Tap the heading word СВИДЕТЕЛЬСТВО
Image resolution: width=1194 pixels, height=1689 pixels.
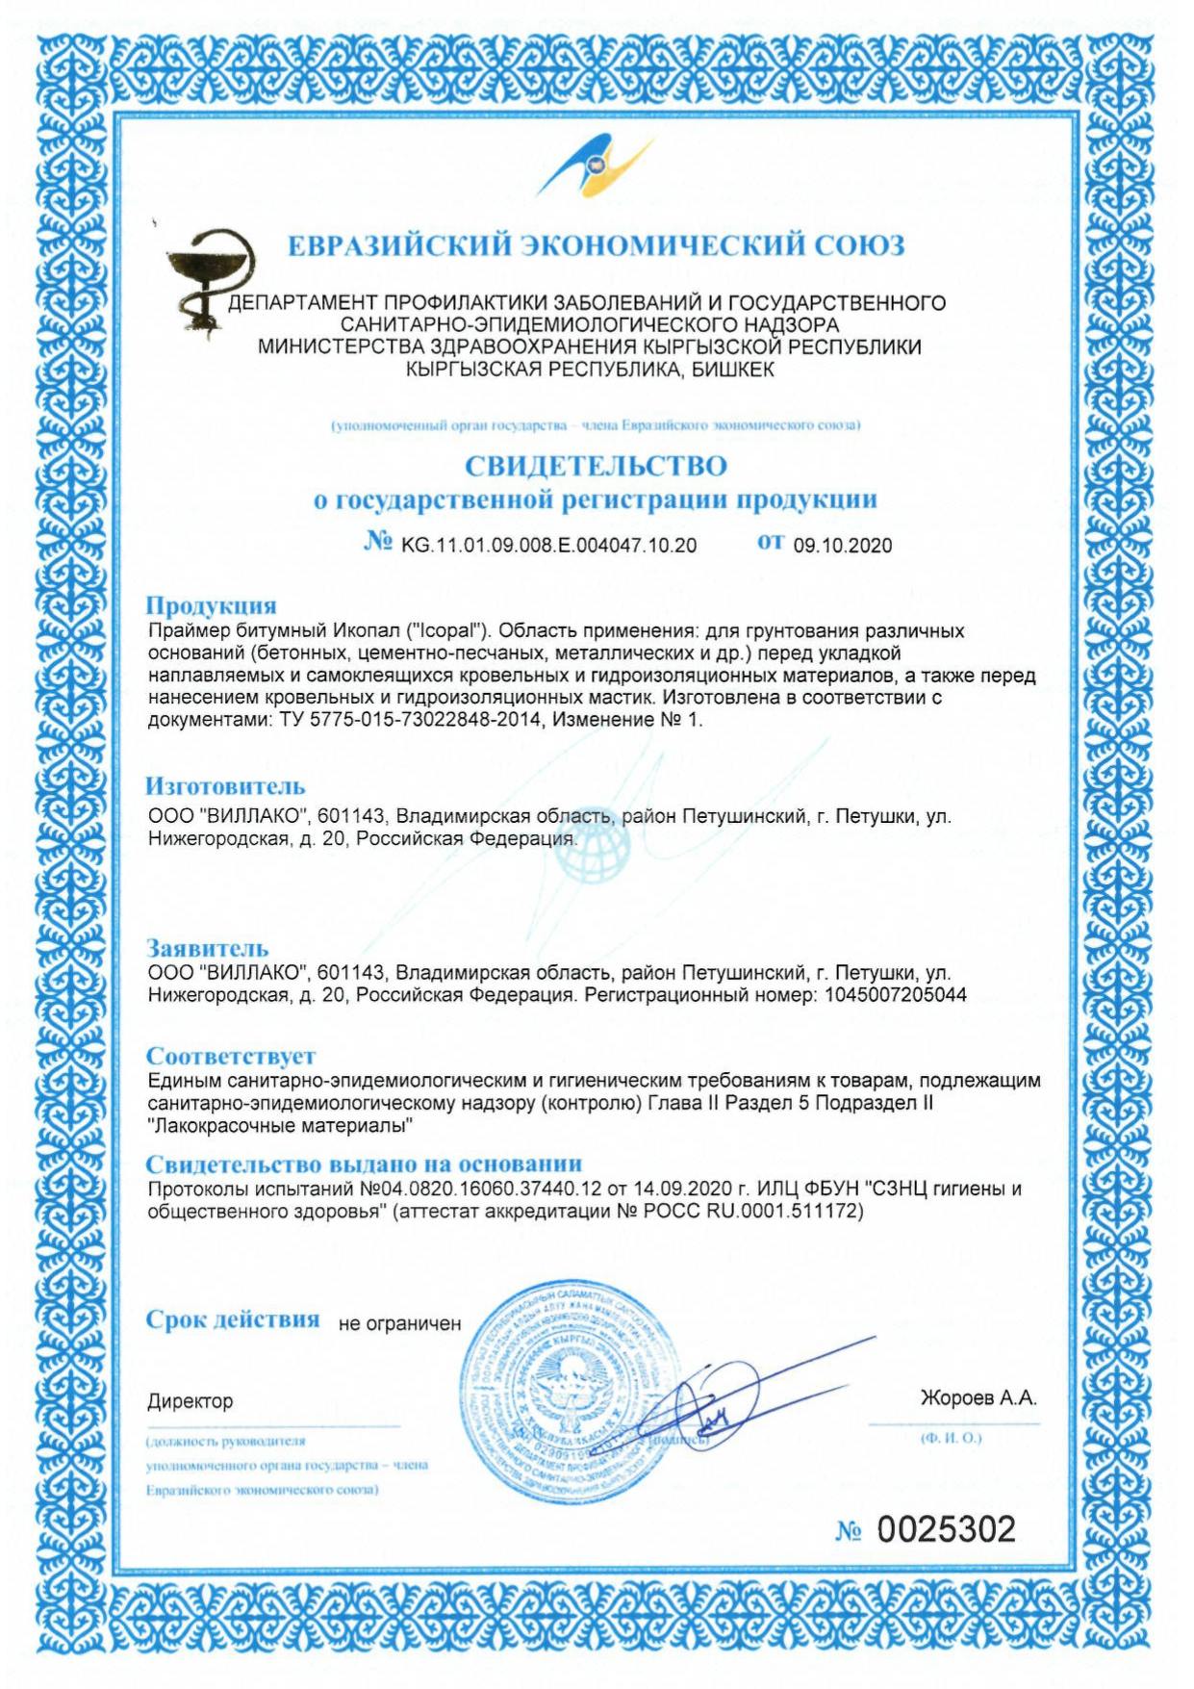(596, 466)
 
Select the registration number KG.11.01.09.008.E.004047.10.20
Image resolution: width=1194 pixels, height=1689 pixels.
(548, 546)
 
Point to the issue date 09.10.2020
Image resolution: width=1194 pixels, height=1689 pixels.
(842, 546)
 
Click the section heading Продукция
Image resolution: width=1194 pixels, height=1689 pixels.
(211, 605)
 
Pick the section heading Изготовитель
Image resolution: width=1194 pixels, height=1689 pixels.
(225, 786)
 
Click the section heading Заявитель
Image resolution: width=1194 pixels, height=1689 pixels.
(207, 948)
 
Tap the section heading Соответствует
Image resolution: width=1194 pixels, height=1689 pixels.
(231, 1056)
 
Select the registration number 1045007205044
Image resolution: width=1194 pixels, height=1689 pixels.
(896, 995)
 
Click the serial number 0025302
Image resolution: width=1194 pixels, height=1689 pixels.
(946, 1529)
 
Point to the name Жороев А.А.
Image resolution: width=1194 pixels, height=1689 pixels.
(978, 1398)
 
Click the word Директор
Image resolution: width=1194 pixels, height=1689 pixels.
(190, 1401)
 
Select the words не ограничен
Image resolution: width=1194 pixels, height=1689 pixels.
(399, 1324)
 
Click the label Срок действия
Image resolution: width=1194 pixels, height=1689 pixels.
(233, 1319)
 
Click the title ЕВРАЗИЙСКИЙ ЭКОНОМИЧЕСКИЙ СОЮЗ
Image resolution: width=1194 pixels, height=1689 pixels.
(597, 246)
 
